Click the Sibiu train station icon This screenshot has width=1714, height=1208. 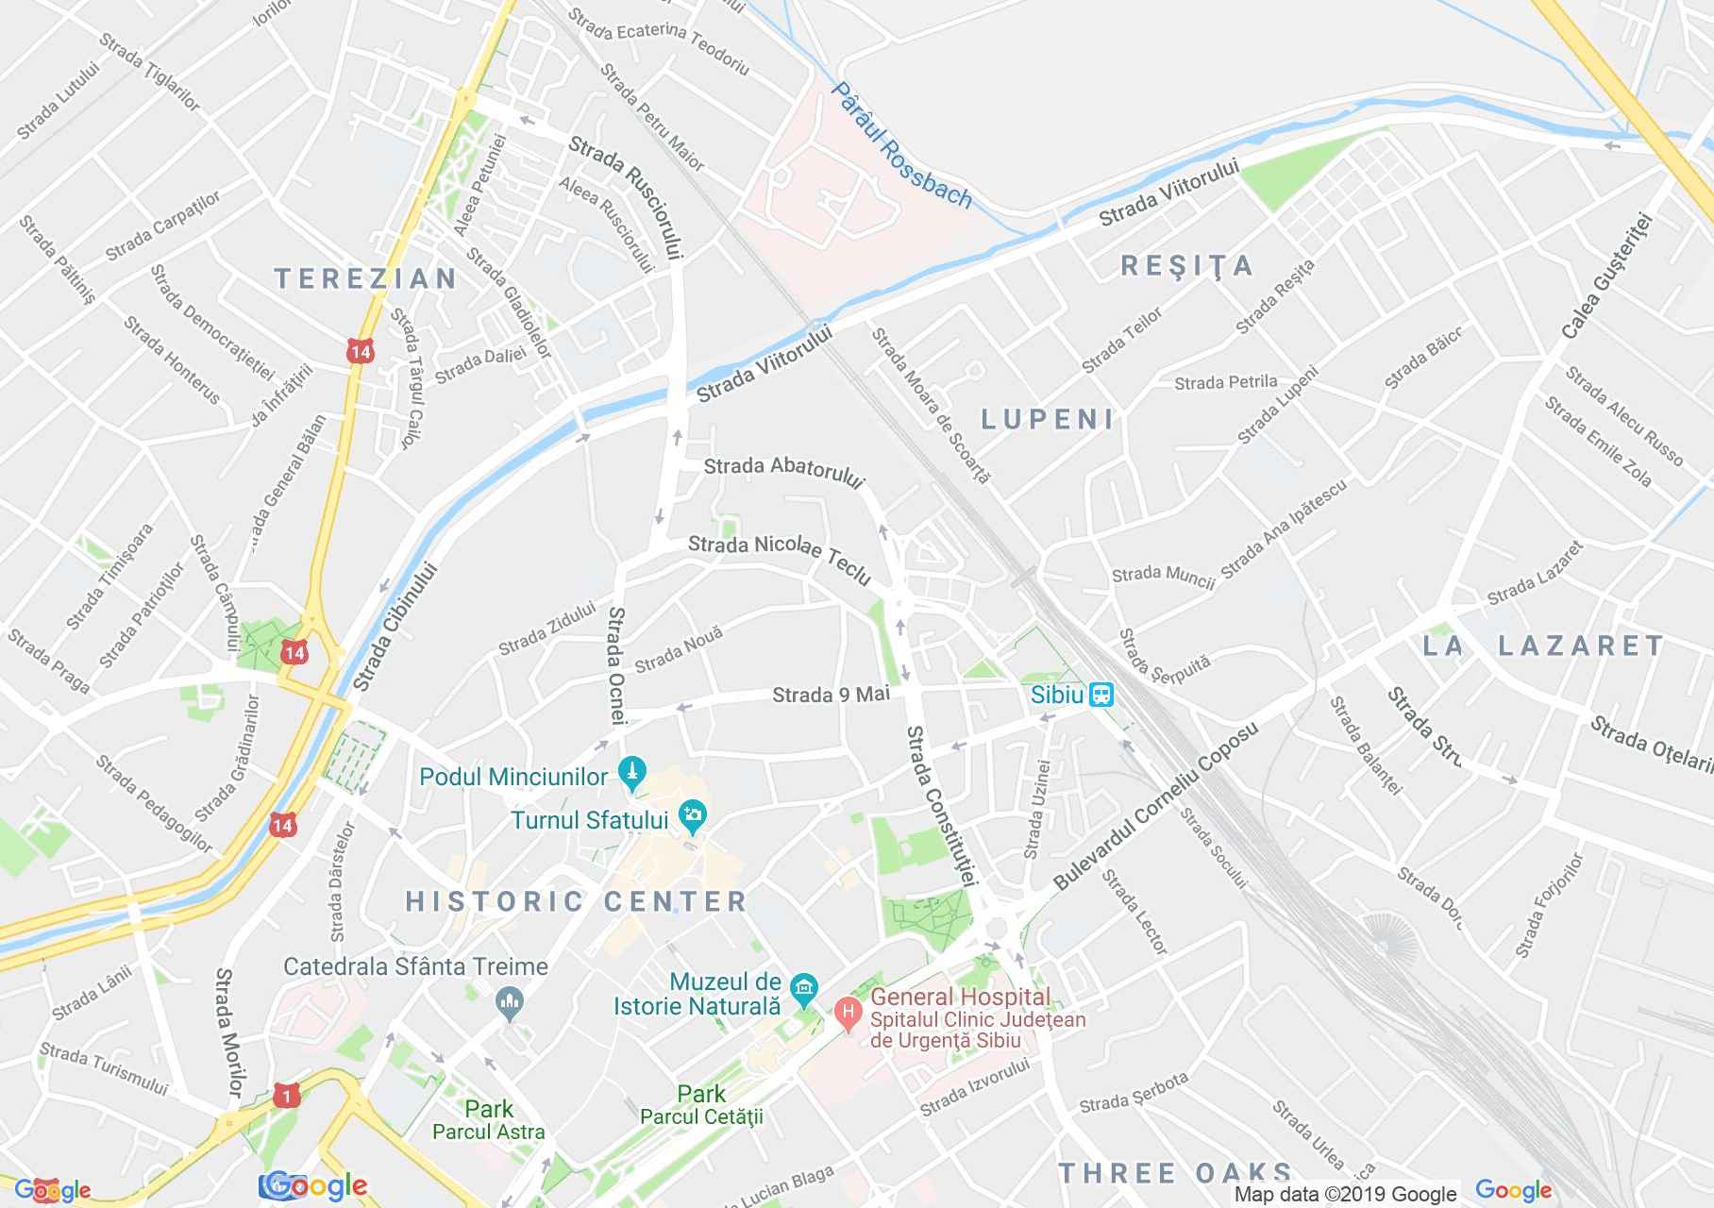click(x=1101, y=696)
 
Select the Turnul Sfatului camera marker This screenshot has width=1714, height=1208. click(x=693, y=817)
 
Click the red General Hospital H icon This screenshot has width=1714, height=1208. click(x=848, y=1015)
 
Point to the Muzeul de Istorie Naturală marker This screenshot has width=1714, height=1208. click(x=803, y=991)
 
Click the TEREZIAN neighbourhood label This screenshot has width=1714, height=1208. click(x=366, y=278)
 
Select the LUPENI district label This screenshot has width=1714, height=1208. click(x=1048, y=419)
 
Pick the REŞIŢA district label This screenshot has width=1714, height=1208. click(x=1187, y=265)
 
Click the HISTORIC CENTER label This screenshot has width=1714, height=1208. click(x=577, y=901)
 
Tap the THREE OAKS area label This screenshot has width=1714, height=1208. click(x=1174, y=1173)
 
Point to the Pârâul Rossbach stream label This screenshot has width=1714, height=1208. click(x=901, y=144)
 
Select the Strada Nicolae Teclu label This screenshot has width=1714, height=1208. click(x=780, y=559)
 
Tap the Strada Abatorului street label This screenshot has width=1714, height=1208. click(x=784, y=472)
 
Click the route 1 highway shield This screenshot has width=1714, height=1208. click(x=285, y=1095)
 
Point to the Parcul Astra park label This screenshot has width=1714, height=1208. click(x=489, y=1131)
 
